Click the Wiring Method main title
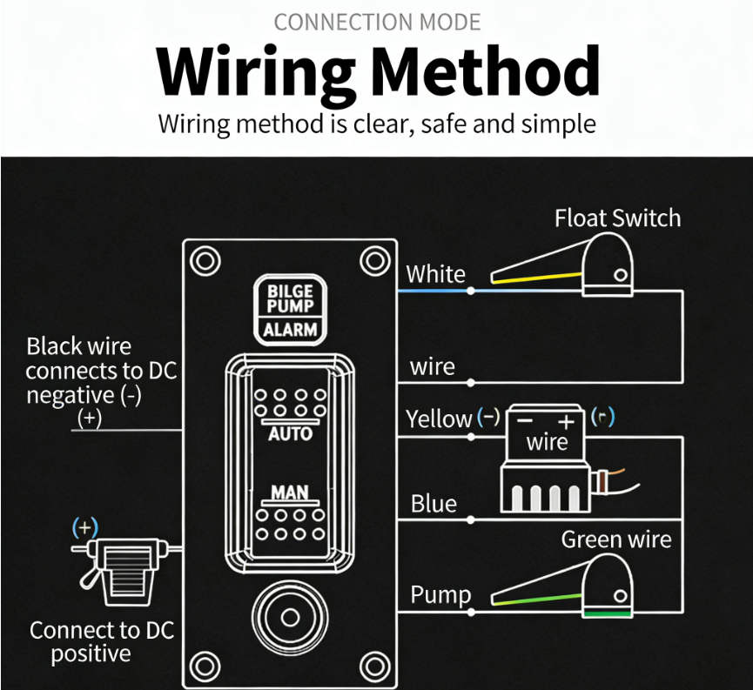(378, 71)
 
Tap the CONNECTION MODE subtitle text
(377, 22)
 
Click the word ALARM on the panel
(290, 330)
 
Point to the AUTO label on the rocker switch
(290, 432)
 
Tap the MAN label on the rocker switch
(290, 492)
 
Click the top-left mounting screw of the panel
(205, 260)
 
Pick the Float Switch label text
(617, 218)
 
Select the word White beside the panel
(435, 274)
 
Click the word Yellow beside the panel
(439, 419)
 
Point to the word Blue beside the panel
(434, 504)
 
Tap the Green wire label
(615, 539)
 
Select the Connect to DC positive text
(102, 642)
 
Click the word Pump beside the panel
(440, 595)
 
